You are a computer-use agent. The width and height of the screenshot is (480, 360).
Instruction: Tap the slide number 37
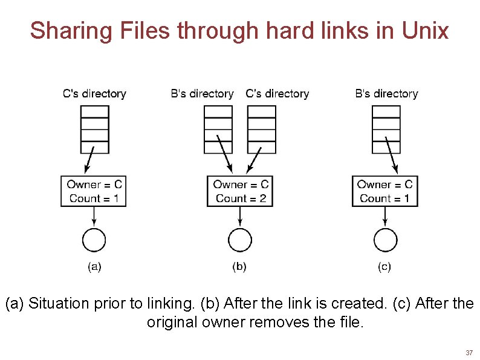469,353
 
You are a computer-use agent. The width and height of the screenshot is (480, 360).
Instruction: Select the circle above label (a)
94,240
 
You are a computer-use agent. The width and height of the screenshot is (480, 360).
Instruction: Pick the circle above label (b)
240,240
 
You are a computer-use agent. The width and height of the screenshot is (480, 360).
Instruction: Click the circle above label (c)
385,240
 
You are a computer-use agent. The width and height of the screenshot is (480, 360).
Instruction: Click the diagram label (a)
94,266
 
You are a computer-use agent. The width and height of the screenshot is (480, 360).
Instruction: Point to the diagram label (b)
239,266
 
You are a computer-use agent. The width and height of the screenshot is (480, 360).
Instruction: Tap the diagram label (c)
384,266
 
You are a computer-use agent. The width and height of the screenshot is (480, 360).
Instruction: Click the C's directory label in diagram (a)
94,94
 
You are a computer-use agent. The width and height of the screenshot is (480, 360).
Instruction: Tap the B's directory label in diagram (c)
386,94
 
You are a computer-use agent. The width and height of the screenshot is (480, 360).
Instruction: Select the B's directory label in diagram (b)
202,94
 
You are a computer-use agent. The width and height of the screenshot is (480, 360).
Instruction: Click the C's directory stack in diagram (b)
262,129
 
